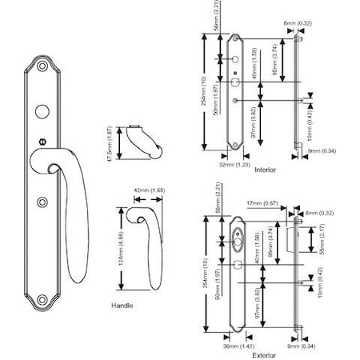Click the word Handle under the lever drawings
click(122, 306)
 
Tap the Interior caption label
click(265, 170)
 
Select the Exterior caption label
click(264, 354)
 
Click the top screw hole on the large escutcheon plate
click(43, 65)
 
